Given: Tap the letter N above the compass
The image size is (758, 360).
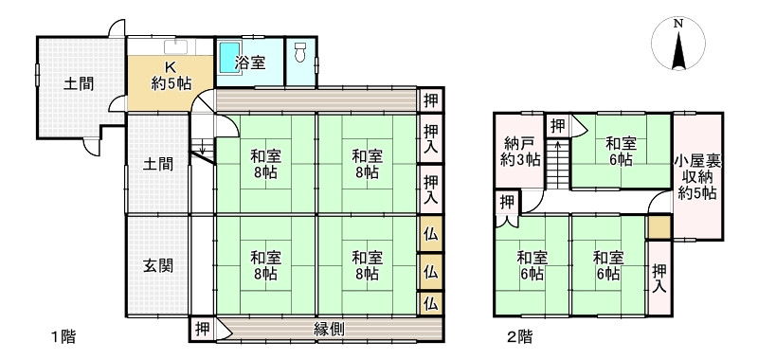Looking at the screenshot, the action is pyautogui.click(x=678, y=24).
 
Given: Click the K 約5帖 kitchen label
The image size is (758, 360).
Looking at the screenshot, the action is pyautogui.click(x=171, y=75).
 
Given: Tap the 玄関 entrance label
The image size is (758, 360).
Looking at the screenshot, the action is pyautogui.click(x=158, y=265).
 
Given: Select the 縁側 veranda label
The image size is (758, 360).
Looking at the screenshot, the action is pyautogui.click(x=329, y=330).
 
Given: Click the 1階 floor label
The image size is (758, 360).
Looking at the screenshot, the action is pyautogui.click(x=63, y=335).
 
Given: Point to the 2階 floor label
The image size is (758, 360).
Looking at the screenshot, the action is pyautogui.click(x=518, y=335).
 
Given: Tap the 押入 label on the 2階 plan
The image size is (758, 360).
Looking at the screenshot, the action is pyautogui.click(x=659, y=277).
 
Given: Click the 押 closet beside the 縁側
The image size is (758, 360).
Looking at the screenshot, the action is pyautogui.click(x=202, y=330).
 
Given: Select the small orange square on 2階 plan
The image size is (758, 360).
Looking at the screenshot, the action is pyautogui.click(x=659, y=226).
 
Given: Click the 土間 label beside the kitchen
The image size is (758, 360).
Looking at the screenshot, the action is pyautogui.click(x=79, y=82).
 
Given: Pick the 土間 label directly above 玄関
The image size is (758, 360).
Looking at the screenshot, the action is pyautogui.click(x=157, y=164).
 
